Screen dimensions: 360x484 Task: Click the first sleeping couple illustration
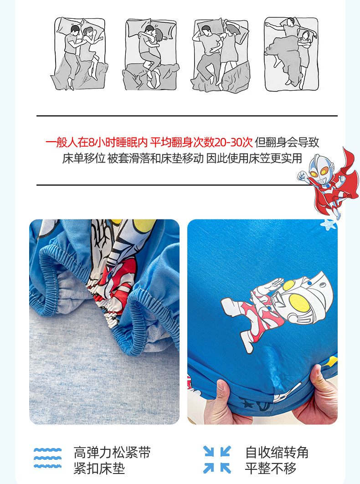[x=79, y=54]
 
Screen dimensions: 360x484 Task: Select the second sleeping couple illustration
[x=151, y=54]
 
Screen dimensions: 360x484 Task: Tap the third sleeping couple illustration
[x=221, y=55]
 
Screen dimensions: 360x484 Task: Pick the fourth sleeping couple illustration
[x=291, y=54]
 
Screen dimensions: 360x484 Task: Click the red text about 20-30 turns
[x=149, y=143]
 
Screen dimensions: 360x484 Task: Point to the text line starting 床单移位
[x=182, y=158]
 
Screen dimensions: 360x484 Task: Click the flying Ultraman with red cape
[x=328, y=183]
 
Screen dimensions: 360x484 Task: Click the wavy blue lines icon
[x=47, y=458]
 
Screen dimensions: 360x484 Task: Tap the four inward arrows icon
[x=217, y=459]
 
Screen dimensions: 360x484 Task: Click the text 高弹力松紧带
[x=112, y=453]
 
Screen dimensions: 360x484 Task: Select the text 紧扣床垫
[x=99, y=468]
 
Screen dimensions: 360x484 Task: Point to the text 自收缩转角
[x=277, y=453]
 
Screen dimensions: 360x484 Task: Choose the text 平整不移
[x=271, y=468]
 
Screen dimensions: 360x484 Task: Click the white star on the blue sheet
[x=328, y=224]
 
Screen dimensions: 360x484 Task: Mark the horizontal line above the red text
[x=187, y=116]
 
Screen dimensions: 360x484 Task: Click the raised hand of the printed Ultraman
[x=273, y=284]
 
